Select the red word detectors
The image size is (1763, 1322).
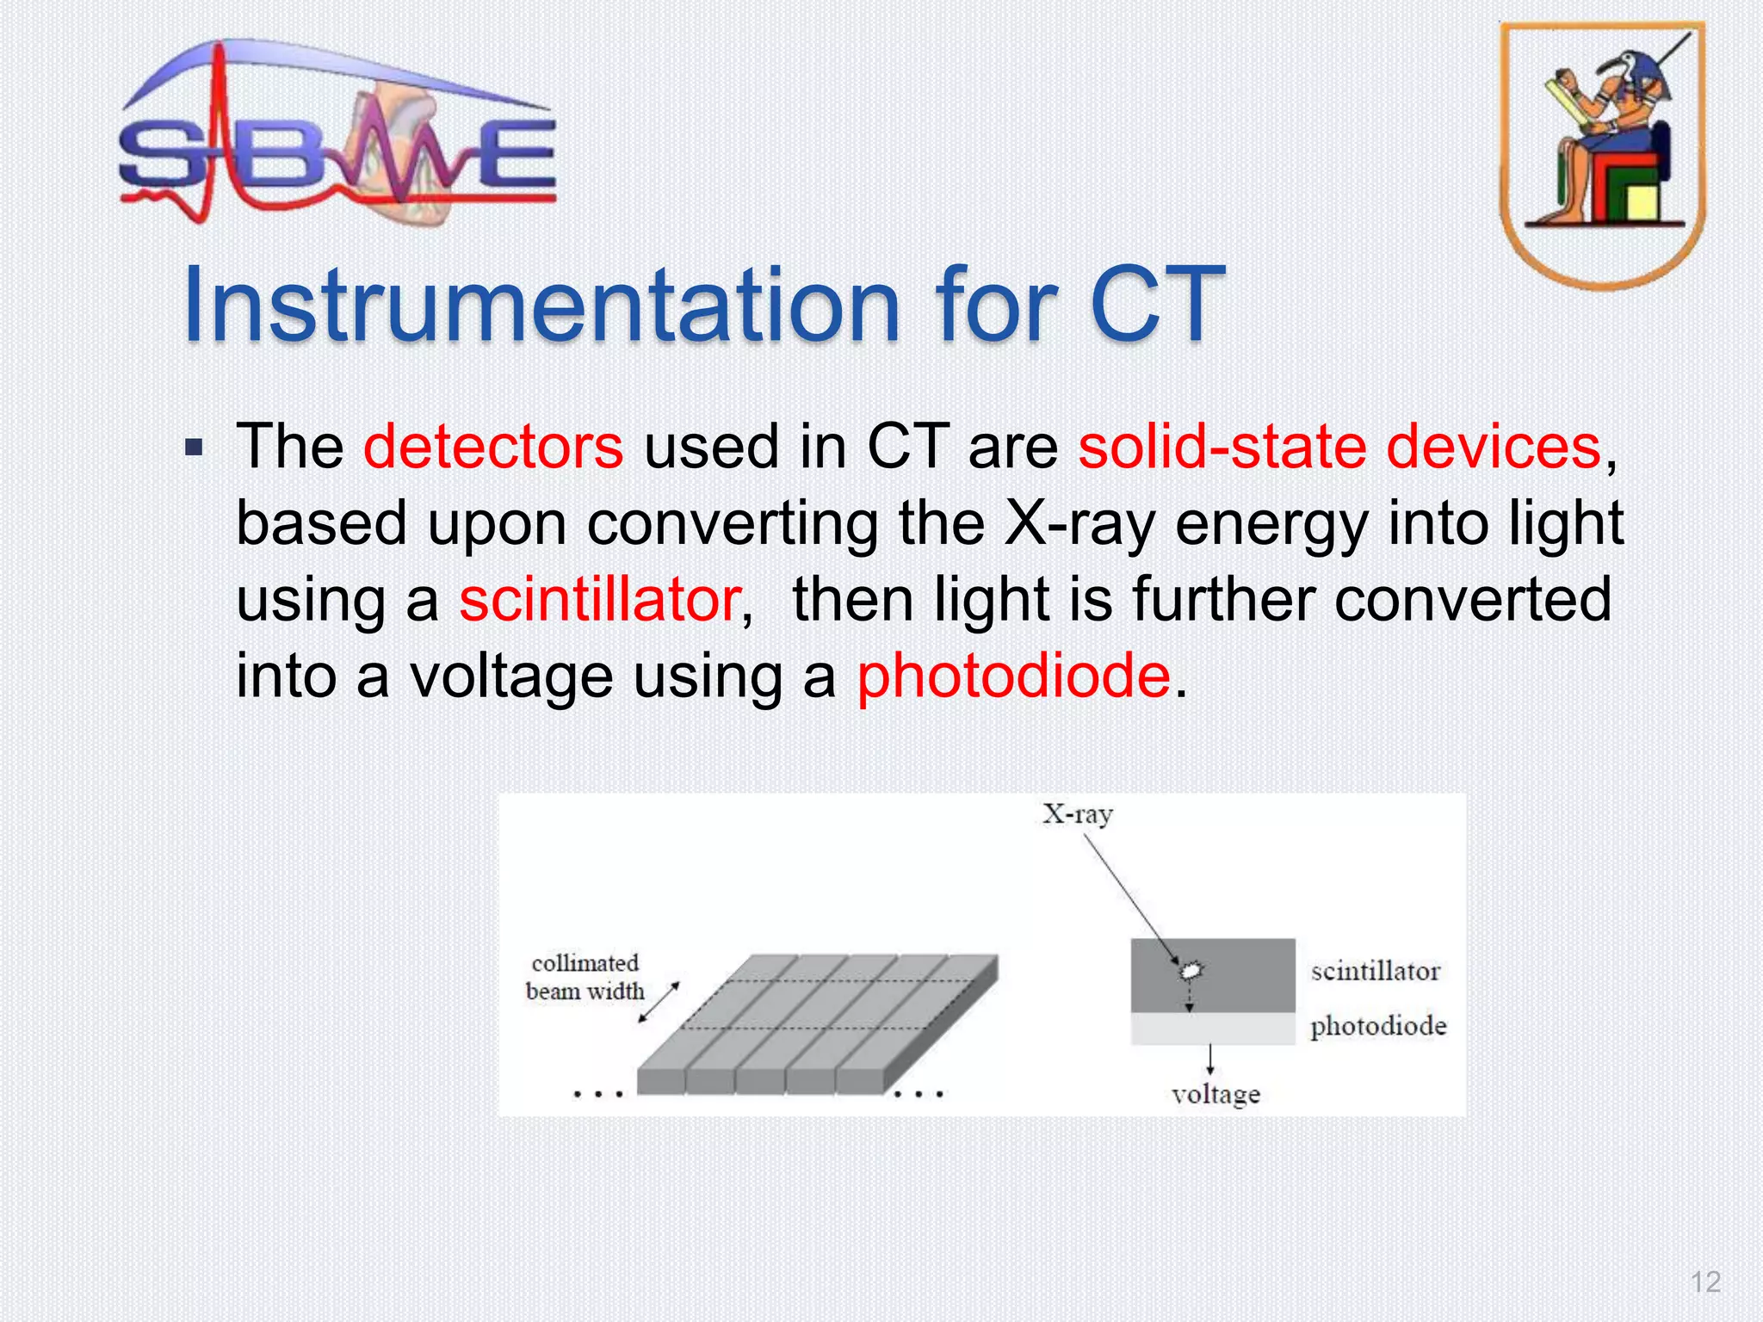(492, 448)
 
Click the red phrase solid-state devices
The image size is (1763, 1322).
(1339, 448)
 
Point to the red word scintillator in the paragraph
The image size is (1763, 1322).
(600, 600)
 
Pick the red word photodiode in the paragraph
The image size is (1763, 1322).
(1013, 676)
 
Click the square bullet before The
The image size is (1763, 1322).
(195, 448)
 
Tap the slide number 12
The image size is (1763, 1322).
(1704, 1282)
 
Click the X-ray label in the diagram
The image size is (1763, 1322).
(1077, 814)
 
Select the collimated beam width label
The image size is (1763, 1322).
(585, 977)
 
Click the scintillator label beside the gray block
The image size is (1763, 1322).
(1375, 972)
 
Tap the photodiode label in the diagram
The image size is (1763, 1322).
(1377, 1026)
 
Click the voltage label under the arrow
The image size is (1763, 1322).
(1215, 1095)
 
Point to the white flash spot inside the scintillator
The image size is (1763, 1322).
(1191, 971)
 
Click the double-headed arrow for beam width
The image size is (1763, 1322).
(659, 1003)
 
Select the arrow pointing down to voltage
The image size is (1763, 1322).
(1210, 1059)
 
